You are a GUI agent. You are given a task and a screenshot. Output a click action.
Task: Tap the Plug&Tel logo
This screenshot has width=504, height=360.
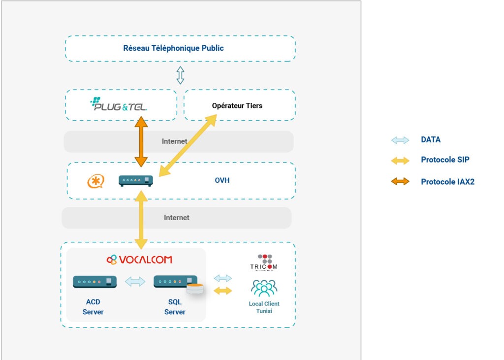[x=119, y=105]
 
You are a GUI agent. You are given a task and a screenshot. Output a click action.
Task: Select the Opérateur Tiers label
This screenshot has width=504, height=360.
[x=237, y=106]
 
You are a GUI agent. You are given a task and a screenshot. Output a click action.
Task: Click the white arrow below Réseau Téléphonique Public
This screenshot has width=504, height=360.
[x=181, y=75]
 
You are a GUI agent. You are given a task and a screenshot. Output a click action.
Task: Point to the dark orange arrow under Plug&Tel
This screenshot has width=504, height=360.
[x=141, y=142]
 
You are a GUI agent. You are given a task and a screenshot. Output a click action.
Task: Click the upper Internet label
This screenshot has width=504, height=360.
[x=175, y=141]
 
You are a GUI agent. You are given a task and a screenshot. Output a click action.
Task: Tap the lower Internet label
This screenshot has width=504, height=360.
[x=176, y=217]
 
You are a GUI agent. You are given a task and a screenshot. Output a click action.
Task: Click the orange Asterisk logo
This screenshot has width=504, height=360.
[x=95, y=181]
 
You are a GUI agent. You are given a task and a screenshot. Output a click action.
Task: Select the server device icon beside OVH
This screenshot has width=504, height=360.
[x=136, y=181]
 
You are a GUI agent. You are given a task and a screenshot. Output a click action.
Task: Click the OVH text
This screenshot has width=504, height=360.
[x=222, y=181]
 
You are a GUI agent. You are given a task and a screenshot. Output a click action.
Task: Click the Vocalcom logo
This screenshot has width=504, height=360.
[x=139, y=260]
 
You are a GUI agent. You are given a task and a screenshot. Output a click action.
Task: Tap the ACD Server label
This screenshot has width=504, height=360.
[x=93, y=307]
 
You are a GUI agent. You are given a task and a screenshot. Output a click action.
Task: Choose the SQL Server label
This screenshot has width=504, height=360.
[x=175, y=307]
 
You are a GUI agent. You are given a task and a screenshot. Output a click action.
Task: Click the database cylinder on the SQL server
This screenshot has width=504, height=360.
[x=195, y=289]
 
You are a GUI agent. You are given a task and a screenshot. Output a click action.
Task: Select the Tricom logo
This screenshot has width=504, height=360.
[x=264, y=262]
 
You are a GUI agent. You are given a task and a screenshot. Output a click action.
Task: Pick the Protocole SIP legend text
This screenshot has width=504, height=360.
[x=445, y=160]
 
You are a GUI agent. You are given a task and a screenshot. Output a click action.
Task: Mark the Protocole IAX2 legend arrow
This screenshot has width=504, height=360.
[x=400, y=182]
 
